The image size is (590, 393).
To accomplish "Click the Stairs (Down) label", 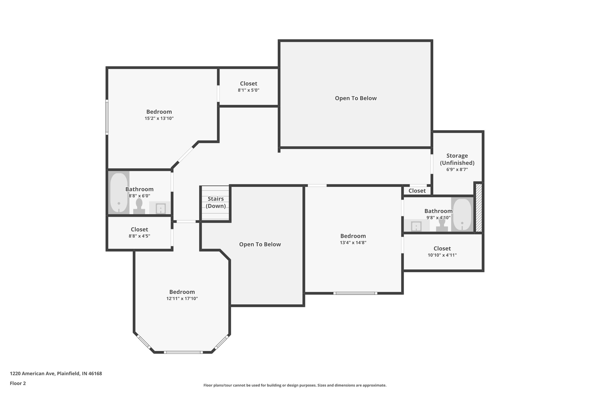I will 215,202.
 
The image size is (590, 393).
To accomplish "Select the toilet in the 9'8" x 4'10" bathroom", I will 442,225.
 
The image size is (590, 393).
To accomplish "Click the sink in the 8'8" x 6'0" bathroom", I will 160,208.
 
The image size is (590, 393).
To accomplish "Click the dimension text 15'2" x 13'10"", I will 159,118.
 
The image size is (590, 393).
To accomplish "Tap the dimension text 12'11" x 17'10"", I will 182,299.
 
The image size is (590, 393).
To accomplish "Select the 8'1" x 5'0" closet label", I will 248,84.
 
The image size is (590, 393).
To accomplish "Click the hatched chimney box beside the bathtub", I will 479,208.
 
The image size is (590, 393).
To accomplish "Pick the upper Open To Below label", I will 355,98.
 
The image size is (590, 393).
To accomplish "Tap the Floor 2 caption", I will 18,383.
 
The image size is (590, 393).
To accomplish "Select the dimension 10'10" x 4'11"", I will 442,255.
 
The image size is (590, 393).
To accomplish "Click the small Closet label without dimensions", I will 417,191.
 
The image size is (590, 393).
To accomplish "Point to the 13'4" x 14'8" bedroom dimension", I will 353,243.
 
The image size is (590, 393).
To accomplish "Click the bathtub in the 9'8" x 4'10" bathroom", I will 462,214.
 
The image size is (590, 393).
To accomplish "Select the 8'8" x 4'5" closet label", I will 139,229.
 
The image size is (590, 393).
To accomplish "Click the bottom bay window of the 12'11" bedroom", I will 183,352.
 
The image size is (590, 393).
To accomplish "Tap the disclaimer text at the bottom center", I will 295,385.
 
